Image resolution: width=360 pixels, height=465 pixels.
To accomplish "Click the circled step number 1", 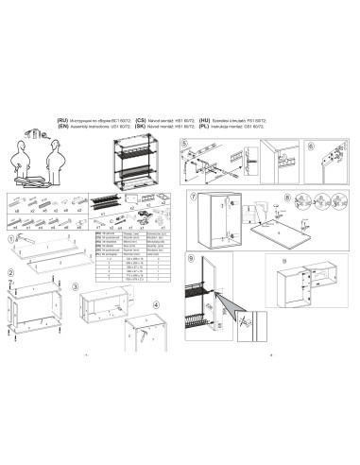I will coord(10,240).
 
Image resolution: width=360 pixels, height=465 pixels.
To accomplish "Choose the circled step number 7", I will coord(193,197).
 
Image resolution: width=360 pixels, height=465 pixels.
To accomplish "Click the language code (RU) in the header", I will coord(63,121).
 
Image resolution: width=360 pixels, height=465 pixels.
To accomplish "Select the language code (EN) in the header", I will coord(63,127).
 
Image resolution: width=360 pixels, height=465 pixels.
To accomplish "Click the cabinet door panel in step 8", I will coord(283,233).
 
